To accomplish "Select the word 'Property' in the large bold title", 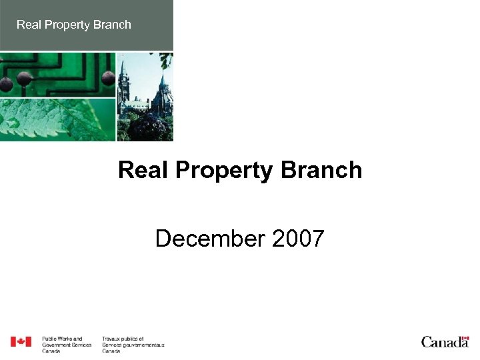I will [x=224, y=171].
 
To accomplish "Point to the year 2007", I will [x=298, y=238].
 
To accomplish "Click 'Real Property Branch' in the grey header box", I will [x=73, y=25].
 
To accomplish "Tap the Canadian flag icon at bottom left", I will [x=21, y=342].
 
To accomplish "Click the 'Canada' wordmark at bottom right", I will [x=445, y=343].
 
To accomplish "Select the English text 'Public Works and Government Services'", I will [x=67, y=343].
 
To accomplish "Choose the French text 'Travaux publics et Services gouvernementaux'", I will [x=133, y=343].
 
